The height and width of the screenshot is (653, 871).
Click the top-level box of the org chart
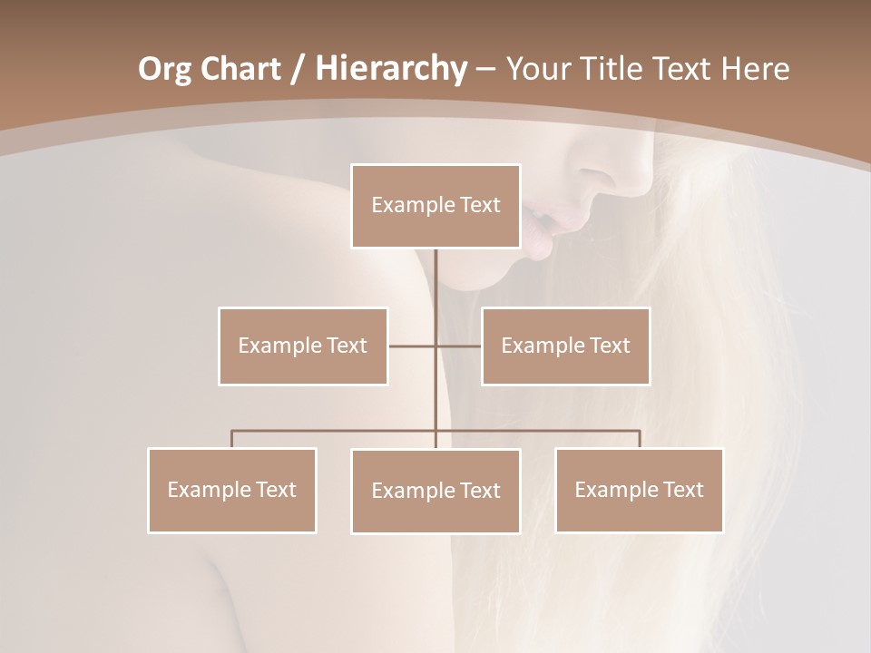pyautogui.click(x=435, y=206)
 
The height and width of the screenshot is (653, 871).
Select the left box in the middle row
pyautogui.click(x=303, y=346)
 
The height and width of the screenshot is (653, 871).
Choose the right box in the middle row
pyautogui.click(x=565, y=346)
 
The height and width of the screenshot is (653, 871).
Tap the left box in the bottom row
pyautogui.click(x=232, y=490)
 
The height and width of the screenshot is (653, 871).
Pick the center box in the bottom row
pyautogui.click(x=435, y=491)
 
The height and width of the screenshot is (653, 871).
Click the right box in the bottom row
pyautogui.click(x=639, y=490)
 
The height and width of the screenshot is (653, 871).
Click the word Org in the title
pyautogui.click(x=164, y=69)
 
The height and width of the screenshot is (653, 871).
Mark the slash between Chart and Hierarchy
pyautogui.click(x=298, y=69)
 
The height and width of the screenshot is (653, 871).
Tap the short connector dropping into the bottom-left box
pyautogui.click(x=232, y=439)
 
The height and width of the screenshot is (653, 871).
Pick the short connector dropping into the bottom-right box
pyautogui.click(x=639, y=439)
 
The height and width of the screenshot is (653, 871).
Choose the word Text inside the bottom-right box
pyautogui.click(x=682, y=490)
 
